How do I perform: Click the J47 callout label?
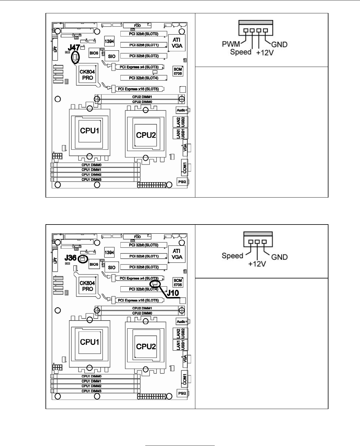[x=74, y=48]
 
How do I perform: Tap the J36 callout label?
[x=70, y=258]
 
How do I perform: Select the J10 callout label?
[x=172, y=293]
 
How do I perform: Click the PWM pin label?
[x=231, y=45]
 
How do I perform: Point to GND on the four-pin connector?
[x=279, y=45]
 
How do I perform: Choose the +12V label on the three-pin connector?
[x=257, y=264]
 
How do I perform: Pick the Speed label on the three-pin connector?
[x=232, y=256]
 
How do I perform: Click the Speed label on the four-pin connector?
[x=241, y=52]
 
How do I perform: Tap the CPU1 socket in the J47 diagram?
[x=89, y=131]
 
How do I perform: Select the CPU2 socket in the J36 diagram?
[x=146, y=346]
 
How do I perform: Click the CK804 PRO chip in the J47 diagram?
[x=87, y=75]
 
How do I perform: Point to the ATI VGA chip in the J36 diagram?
[x=177, y=254]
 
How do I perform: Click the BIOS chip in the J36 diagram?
[x=94, y=264]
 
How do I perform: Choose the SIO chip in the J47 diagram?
[x=112, y=56]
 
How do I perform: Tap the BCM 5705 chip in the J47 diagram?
[x=178, y=72]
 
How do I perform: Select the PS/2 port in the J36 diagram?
[x=182, y=393]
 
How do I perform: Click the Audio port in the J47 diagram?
[x=181, y=110]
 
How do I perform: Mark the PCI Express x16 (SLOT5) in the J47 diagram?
[x=138, y=89]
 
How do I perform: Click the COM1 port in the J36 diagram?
[x=184, y=378]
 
